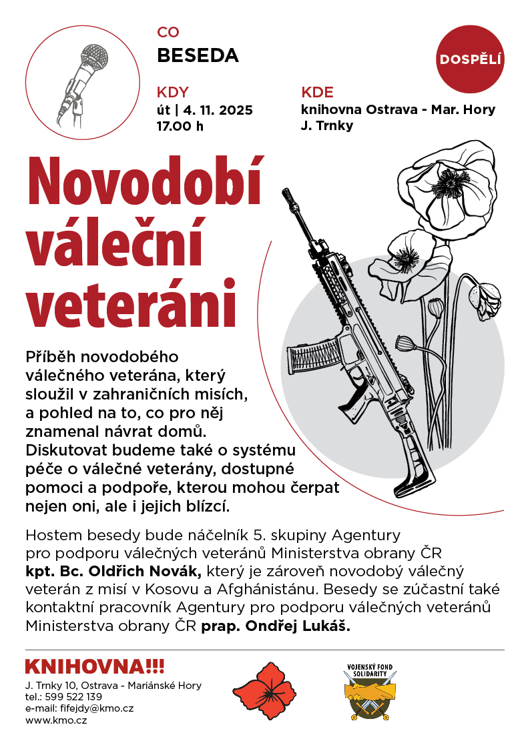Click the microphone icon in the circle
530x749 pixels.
tap(80, 83)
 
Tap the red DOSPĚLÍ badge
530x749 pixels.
tap(471, 59)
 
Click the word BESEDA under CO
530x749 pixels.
tap(198, 55)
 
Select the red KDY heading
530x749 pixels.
tap(173, 92)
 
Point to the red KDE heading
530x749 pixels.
tap(317, 92)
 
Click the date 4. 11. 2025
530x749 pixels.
tap(214, 110)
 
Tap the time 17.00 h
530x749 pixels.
tap(180, 125)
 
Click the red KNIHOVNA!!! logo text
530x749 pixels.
tap(94, 666)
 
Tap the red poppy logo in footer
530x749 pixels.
tap(264, 691)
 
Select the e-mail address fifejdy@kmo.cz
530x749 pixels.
tap(97, 708)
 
